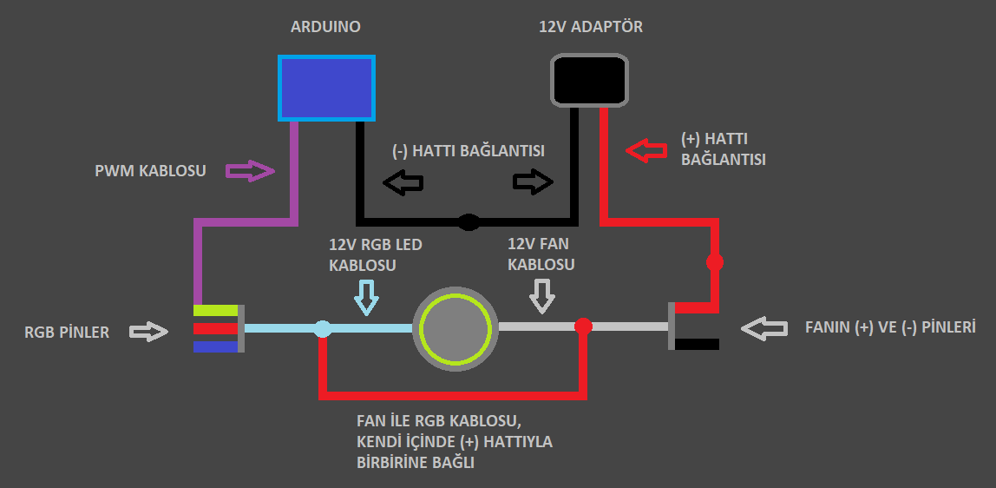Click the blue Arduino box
point(326,88)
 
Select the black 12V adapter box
point(589,81)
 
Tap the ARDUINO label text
point(325,27)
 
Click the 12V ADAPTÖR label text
point(591,27)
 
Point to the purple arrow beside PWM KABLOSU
point(250,170)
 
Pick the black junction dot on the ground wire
point(469,222)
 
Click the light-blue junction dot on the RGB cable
point(322,328)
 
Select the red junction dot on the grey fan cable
point(584,326)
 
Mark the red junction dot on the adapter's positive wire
point(715,260)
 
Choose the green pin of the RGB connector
point(215,310)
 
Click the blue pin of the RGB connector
point(215,346)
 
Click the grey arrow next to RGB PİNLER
point(148,331)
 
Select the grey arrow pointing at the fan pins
point(763,328)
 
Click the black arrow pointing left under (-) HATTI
point(403,182)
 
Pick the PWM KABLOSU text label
point(150,171)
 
